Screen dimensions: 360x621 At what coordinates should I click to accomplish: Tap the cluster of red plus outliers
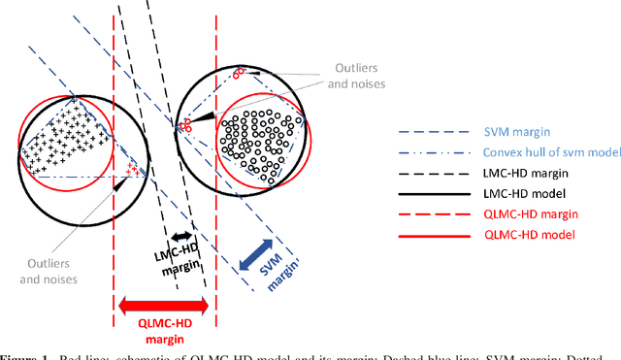pyautogui.click(x=133, y=171)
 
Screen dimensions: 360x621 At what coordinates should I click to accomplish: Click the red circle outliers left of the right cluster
pyautogui.click(x=185, y=124)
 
